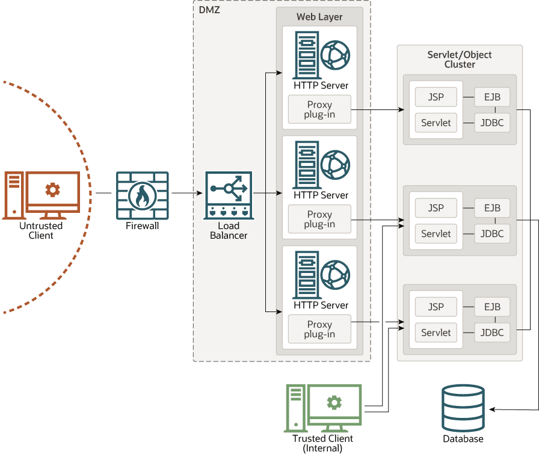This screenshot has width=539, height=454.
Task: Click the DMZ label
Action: pos(209,10)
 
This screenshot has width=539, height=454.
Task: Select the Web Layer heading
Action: pos(319,17)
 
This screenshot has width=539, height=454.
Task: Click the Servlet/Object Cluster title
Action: pos(460,59)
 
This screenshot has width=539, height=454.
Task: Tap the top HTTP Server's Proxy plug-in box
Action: pos(319,109)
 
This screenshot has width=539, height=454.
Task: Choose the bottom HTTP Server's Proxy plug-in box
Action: pos(319,330)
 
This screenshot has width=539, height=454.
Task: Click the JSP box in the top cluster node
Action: pos(436,97)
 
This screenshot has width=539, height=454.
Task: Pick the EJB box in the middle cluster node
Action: pos(492,208)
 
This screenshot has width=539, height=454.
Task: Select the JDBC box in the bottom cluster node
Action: pos(492,333)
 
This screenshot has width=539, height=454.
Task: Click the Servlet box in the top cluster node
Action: pos(436,123)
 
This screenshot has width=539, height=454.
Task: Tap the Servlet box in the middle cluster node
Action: pos(436,234)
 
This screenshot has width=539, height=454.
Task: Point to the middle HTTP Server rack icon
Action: pos(306,164)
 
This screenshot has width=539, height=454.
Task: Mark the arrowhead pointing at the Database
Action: pos(491,410)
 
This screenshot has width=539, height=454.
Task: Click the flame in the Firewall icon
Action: pos(142,195)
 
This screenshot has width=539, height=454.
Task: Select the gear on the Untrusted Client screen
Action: pos(53,190)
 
